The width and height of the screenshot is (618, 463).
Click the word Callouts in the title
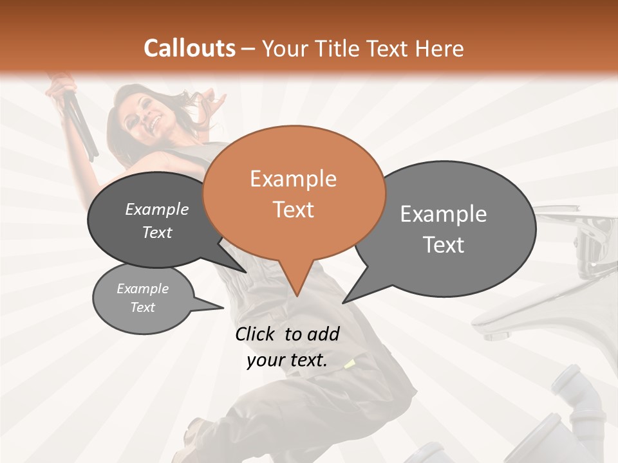click(x=189, y=48)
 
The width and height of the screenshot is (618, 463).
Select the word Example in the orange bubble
click(x=293, y=179)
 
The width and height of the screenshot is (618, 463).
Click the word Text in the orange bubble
click(x=293, y=210)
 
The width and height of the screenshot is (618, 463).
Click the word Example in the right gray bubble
click(x=444, y=214)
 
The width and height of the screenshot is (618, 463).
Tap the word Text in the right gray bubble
click(x=444, y=245)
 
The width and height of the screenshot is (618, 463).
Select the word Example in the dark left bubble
click(x=157, y=209)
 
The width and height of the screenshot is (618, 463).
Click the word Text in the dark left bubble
click(x=157, y=232)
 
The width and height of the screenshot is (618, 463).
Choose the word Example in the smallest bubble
click(x=143, y=289)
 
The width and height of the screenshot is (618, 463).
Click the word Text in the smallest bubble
click(x=143, y=307)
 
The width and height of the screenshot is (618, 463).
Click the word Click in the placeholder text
click(x=257, y=334)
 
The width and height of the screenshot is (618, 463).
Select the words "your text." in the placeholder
click(x=287, y=360)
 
